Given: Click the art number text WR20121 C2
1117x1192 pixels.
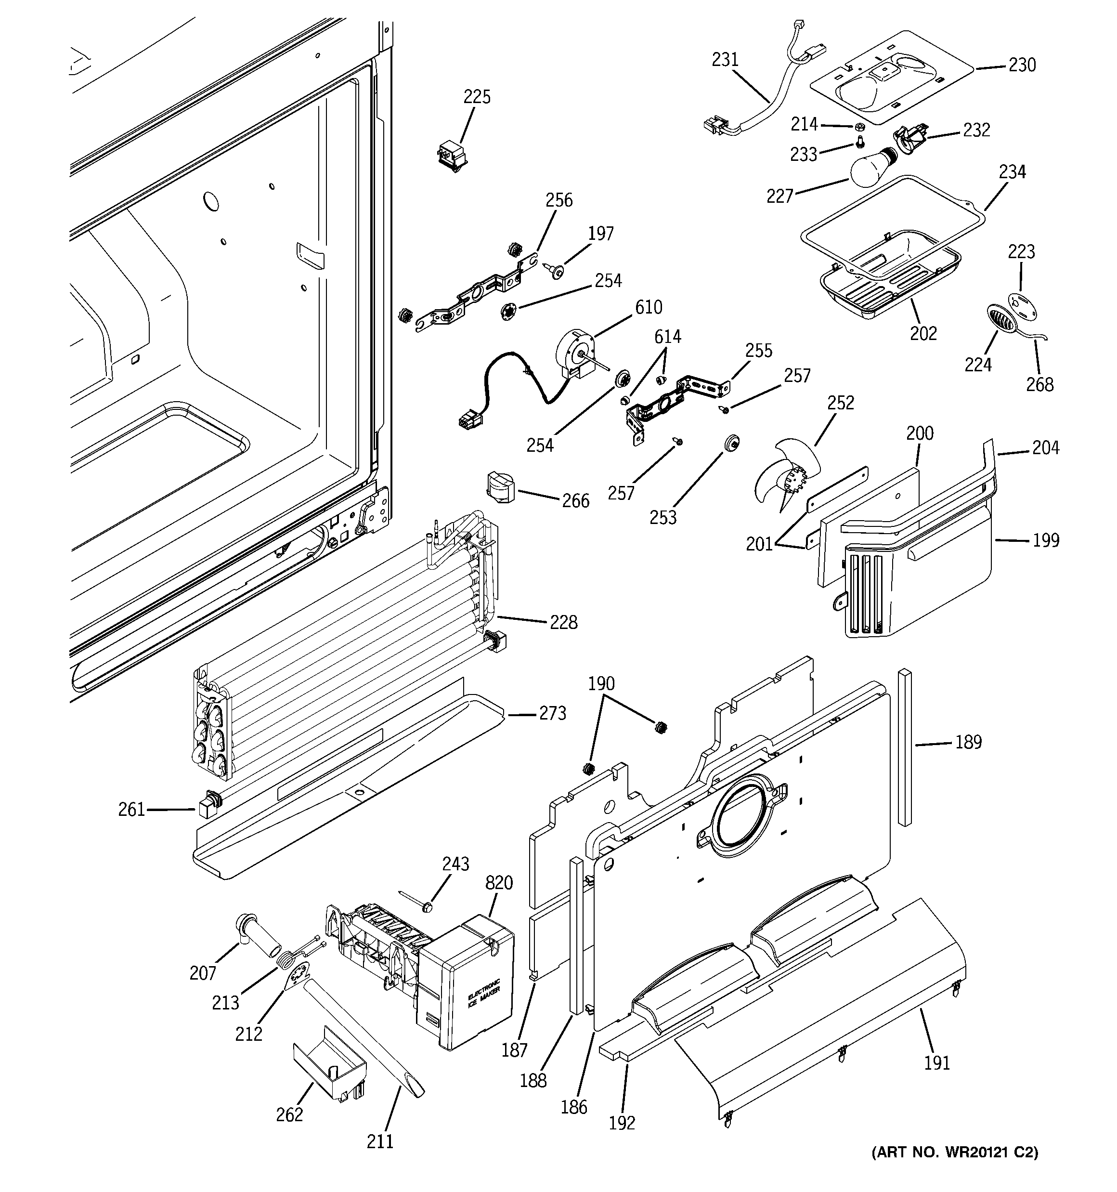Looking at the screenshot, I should point(954,1151).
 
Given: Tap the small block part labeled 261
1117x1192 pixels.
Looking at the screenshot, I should point(207,805).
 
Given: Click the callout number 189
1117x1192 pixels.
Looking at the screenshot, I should point(968,742).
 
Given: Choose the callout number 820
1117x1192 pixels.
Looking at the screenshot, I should point(499,883).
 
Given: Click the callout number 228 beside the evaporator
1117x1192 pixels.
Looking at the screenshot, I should point(564,622).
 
